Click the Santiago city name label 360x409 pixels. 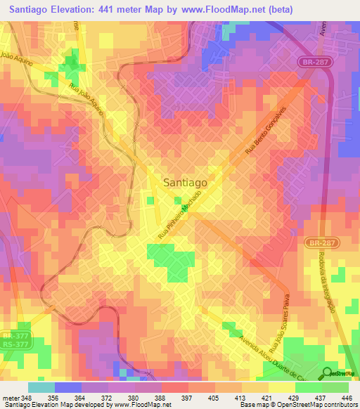pyautogui.click(x=185, y=181)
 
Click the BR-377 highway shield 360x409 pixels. pyautogui.click(x=11, y=336)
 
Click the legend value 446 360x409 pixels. pyautogui.click(x=347, y=397)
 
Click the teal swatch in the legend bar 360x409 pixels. pyautogui.click(x=41, y=387)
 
